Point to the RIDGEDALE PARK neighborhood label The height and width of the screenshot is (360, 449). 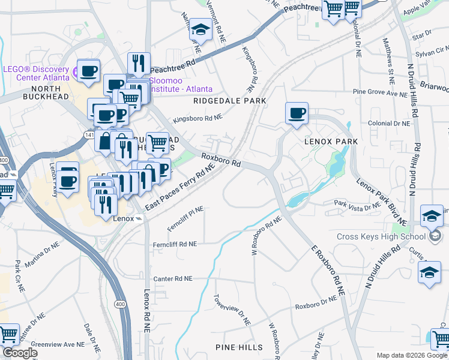229,101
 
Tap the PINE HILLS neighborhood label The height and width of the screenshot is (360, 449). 239,347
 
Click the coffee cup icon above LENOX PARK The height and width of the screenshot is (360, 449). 297,113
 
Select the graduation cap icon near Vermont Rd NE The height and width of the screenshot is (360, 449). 199,29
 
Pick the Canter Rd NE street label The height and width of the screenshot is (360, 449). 173,279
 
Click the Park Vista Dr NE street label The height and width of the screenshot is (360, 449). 357,205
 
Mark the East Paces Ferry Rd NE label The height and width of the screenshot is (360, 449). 179,189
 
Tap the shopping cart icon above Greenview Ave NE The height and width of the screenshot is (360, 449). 8,334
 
